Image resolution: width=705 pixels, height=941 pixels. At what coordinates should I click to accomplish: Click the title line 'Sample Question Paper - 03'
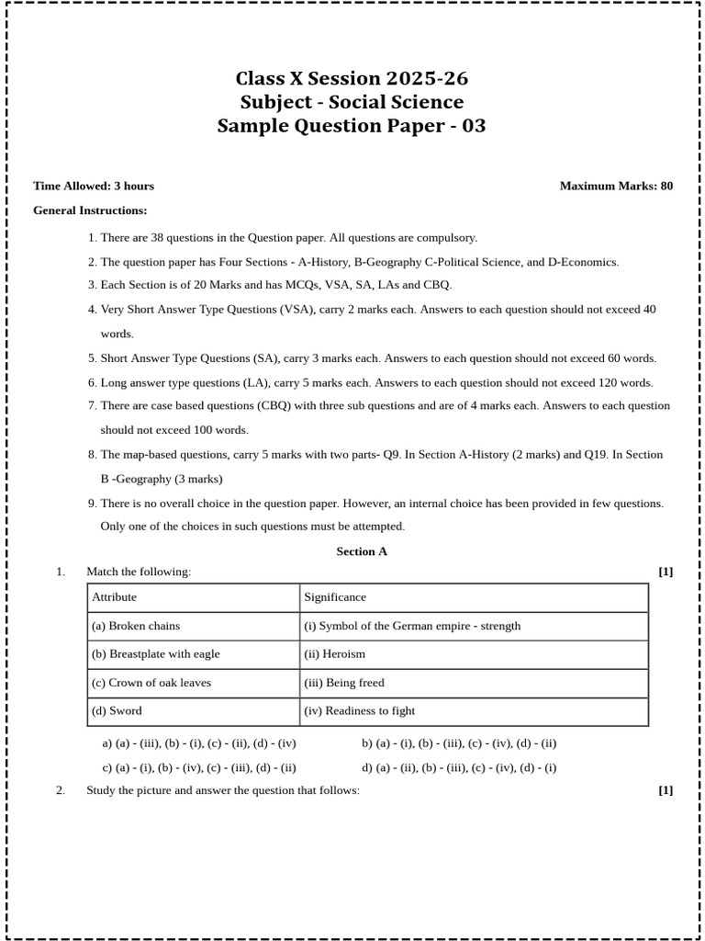coord(352,126)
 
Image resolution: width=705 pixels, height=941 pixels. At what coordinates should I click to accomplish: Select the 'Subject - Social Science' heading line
coord(352,102)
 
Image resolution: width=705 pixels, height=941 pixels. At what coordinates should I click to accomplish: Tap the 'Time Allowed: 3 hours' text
coord(94,186)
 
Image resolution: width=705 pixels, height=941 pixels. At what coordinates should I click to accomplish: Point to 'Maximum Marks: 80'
coord(616,186)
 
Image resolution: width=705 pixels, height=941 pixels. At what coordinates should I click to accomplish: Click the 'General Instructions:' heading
coord(90,210)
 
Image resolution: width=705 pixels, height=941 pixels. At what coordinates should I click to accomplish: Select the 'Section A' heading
coord(362,551)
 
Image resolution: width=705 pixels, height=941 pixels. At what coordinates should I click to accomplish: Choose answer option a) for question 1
coord(199,743)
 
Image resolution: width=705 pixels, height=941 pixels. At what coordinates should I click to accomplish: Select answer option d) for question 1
coord(459,768)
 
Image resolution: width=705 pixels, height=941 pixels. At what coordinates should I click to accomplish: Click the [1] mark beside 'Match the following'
coord(666,572)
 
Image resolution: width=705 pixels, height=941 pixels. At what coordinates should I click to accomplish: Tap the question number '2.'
coord(61,790)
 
